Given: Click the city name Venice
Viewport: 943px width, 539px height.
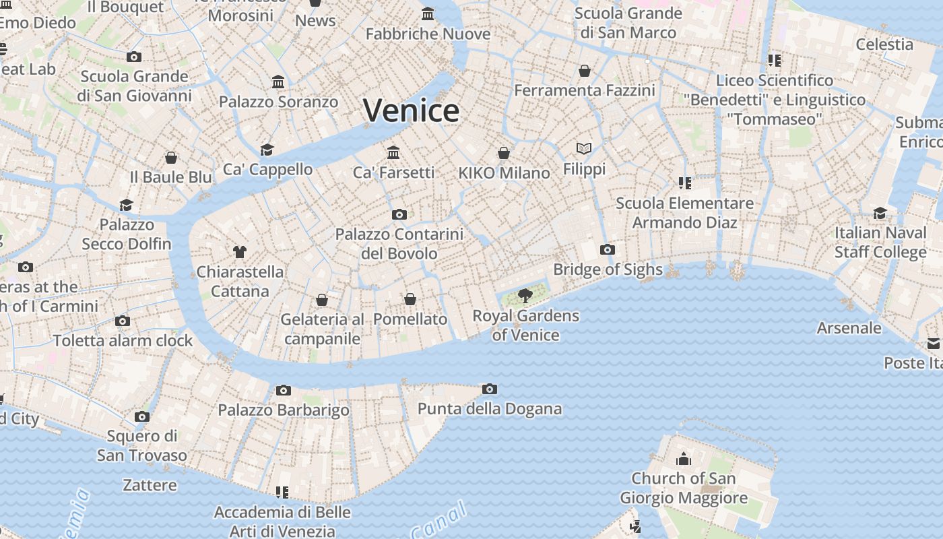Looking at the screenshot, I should [412, 111].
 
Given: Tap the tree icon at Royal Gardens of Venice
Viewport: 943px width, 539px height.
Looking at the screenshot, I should [525, 295].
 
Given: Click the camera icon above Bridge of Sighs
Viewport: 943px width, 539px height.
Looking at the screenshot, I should [607, 250].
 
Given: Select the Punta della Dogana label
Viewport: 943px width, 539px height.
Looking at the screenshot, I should [490, 409].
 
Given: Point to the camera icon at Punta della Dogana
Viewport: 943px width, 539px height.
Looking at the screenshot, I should [490, 389].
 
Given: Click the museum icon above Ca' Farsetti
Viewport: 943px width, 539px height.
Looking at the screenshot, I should [393, 153].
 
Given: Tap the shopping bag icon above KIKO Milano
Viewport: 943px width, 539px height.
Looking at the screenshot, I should [504, 154].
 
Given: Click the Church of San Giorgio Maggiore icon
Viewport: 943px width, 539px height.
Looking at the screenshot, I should [684, 459].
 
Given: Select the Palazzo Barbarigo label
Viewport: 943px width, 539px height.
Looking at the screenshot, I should [284, 410].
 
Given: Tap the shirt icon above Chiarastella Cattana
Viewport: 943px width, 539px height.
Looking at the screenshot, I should [240, 252].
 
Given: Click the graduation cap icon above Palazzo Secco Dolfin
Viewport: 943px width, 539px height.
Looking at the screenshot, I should [126, 205].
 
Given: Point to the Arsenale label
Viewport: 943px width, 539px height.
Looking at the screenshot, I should [849, 328].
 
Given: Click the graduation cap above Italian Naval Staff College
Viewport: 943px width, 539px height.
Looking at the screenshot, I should [880, 214].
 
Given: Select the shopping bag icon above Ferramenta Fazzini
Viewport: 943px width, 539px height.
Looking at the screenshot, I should [585, 71].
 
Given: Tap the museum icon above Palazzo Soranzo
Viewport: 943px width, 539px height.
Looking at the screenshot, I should [278, 82].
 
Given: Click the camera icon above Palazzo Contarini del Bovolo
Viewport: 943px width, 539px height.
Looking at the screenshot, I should [399, 215].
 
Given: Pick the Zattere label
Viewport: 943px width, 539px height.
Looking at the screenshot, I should [150, 485].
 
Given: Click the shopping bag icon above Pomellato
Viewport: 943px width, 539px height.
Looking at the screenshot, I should [410, 299].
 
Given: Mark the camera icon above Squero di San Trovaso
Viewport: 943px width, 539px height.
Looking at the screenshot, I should [141, 416].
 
